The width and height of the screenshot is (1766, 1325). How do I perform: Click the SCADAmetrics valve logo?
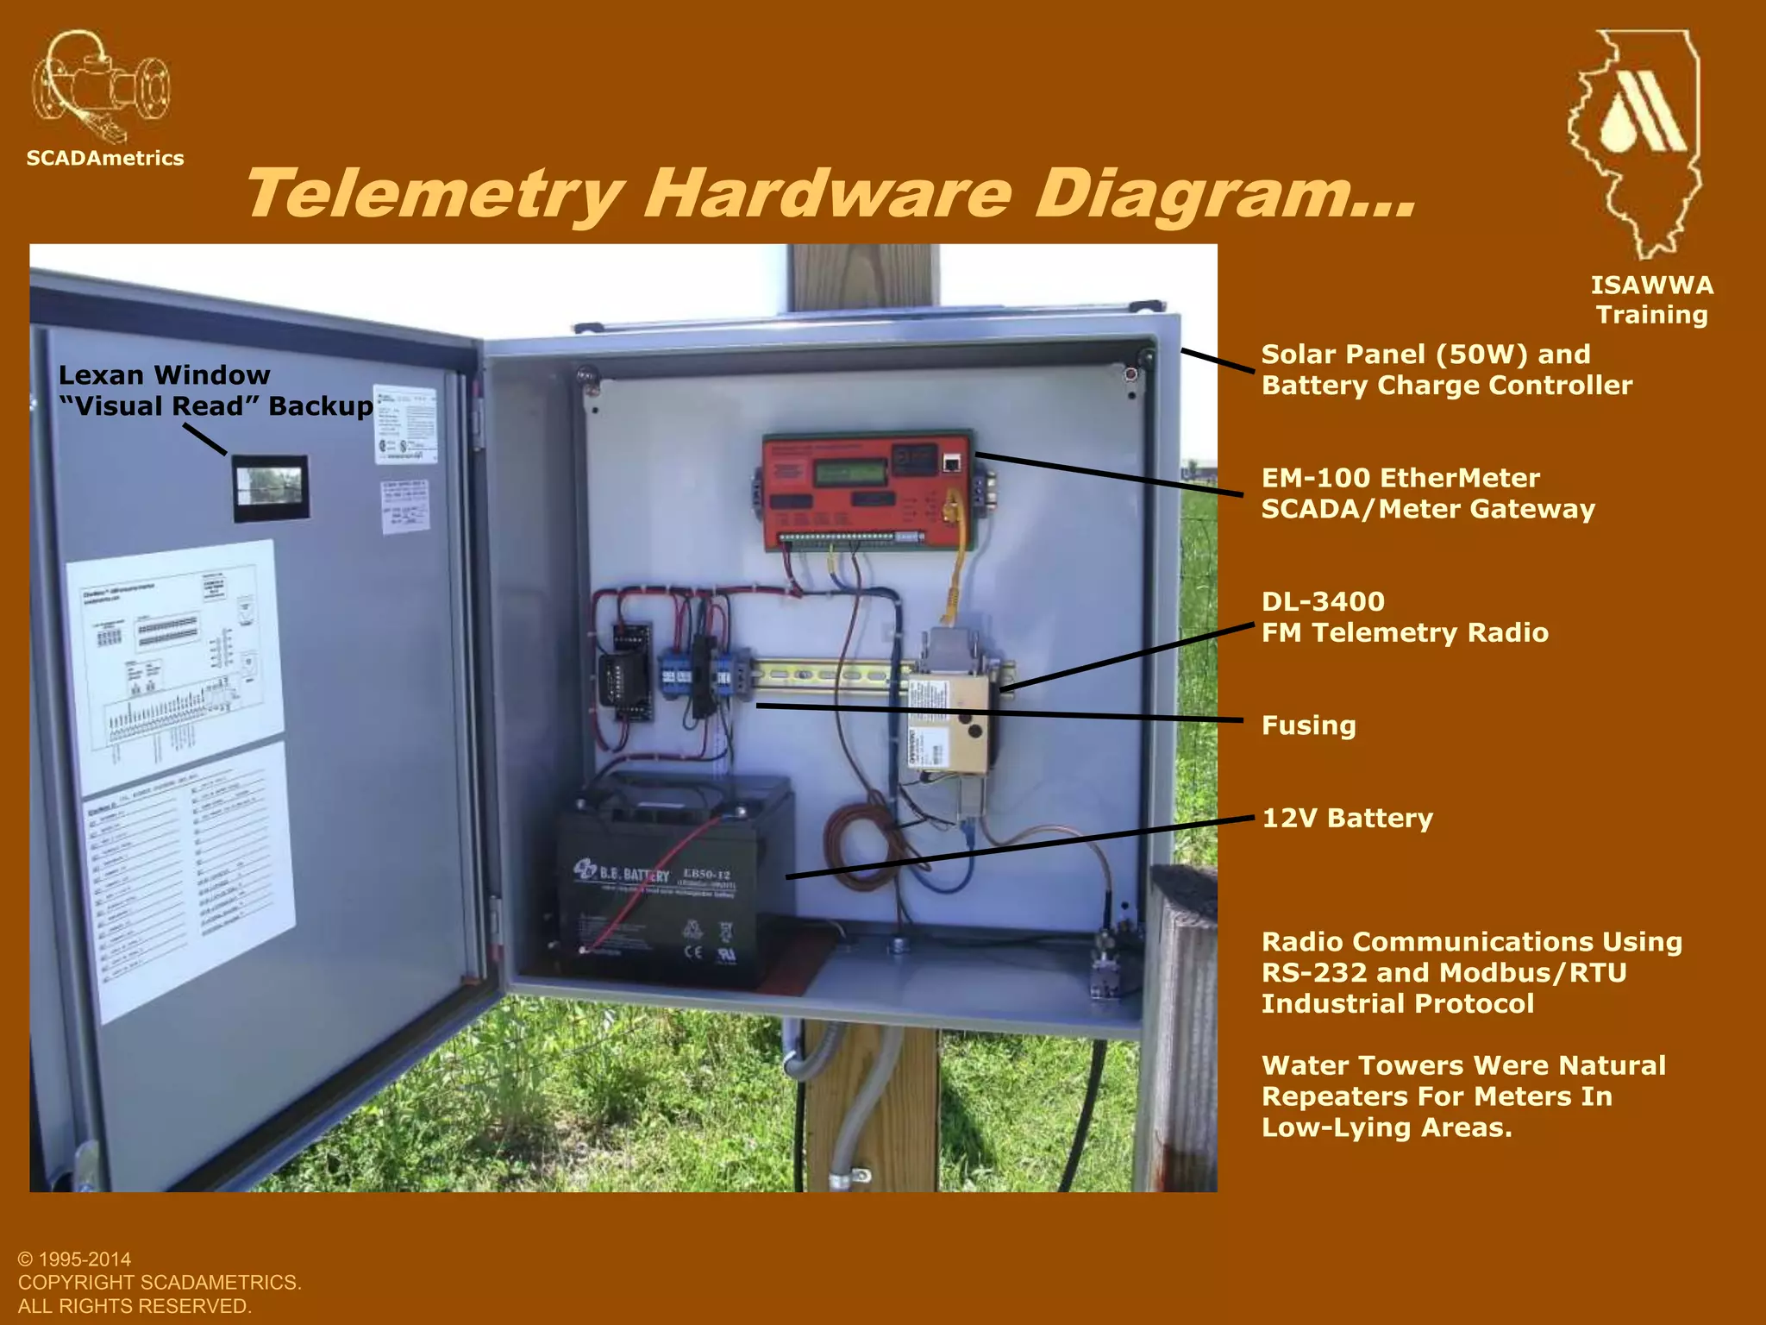point(101,86)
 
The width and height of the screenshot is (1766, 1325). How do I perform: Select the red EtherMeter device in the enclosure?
point(867,490)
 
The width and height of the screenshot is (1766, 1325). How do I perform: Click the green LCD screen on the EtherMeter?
point(850,472)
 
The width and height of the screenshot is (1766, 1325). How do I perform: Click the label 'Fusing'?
point(1308,725)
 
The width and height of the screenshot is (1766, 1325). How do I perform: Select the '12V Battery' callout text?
point(1347,818)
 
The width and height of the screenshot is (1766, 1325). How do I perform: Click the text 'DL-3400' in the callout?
point(1323,601)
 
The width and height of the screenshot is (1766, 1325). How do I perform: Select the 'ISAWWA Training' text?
point(1651,299)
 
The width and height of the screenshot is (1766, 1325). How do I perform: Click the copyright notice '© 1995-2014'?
point(74,1259)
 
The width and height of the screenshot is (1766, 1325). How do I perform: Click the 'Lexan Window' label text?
point(164,375)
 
